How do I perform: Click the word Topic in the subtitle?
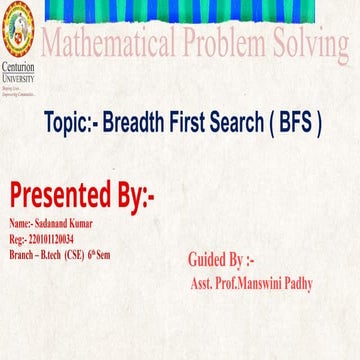[x=69, y=125]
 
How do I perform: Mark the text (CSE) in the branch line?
[x=74, y=253]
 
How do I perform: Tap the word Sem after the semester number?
[x=104, y=253]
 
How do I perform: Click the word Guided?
[x=211, y=260]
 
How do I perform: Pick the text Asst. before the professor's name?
[x=202, y=283]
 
